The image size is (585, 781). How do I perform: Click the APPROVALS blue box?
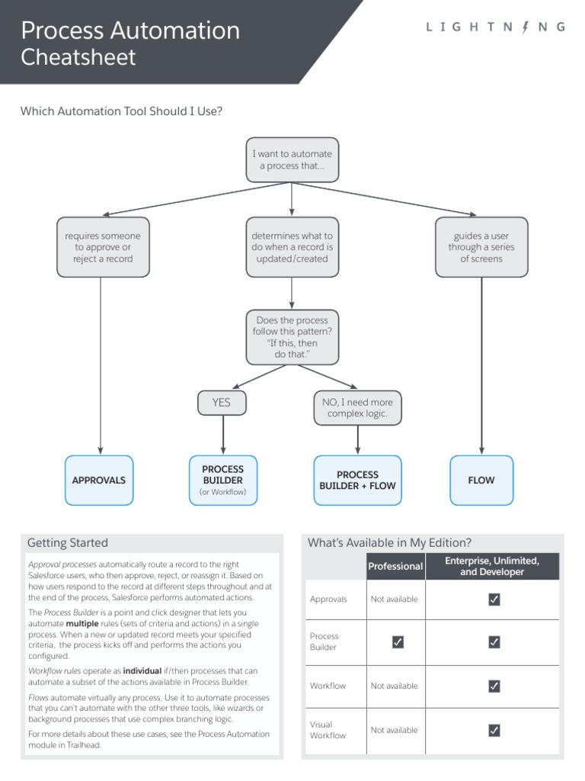point(99,480)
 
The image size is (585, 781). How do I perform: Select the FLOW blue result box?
point(481,480)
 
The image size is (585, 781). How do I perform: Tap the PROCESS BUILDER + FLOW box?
point(357,480)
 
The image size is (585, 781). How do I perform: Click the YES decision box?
point(222,403)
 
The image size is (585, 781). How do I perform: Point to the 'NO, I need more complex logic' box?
point(357,407)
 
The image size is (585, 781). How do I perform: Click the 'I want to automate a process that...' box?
point(292,159)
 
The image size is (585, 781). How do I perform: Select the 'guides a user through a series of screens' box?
point(481,247)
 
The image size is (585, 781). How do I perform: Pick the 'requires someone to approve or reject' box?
point(103,247)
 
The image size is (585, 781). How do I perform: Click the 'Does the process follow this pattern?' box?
point(292,337)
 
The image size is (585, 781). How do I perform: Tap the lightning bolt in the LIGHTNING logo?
point(524,27)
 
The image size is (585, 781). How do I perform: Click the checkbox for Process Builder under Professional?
point(397,642)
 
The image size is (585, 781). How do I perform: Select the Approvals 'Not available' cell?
point(395,599)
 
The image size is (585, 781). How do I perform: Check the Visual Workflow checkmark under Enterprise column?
point(494,731)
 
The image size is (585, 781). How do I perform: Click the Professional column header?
point(395,567)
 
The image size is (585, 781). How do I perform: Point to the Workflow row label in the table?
point(328,686)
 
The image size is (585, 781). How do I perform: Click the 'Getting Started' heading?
point(68,543)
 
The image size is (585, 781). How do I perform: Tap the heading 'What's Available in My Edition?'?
point(389,543)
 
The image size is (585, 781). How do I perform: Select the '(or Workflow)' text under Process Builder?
point(223,492)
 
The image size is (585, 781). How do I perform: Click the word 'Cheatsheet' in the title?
point(78,57)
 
